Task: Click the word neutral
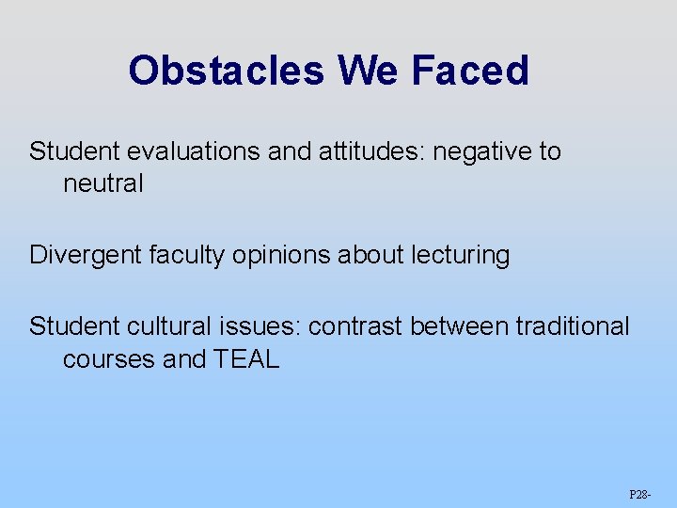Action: pyautogui.click(x=103, y=183)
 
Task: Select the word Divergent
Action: pyautogui.click(x=86, y=255)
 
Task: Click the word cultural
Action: pyautogui.click(x=164, y=326)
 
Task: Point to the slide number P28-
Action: pyautogui.click(x=641, y=493)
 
